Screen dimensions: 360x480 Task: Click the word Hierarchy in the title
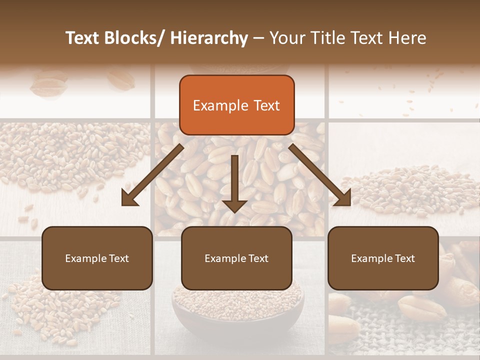(x=209, y=38)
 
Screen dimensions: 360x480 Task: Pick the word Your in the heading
(x=287, y=38)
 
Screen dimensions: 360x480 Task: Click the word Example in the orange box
(x=220, y=105)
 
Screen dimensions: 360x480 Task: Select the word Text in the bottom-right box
(x=404, y=258)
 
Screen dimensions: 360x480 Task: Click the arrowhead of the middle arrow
(x=234, y=205)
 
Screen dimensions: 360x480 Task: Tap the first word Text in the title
(x=83, y=38)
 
